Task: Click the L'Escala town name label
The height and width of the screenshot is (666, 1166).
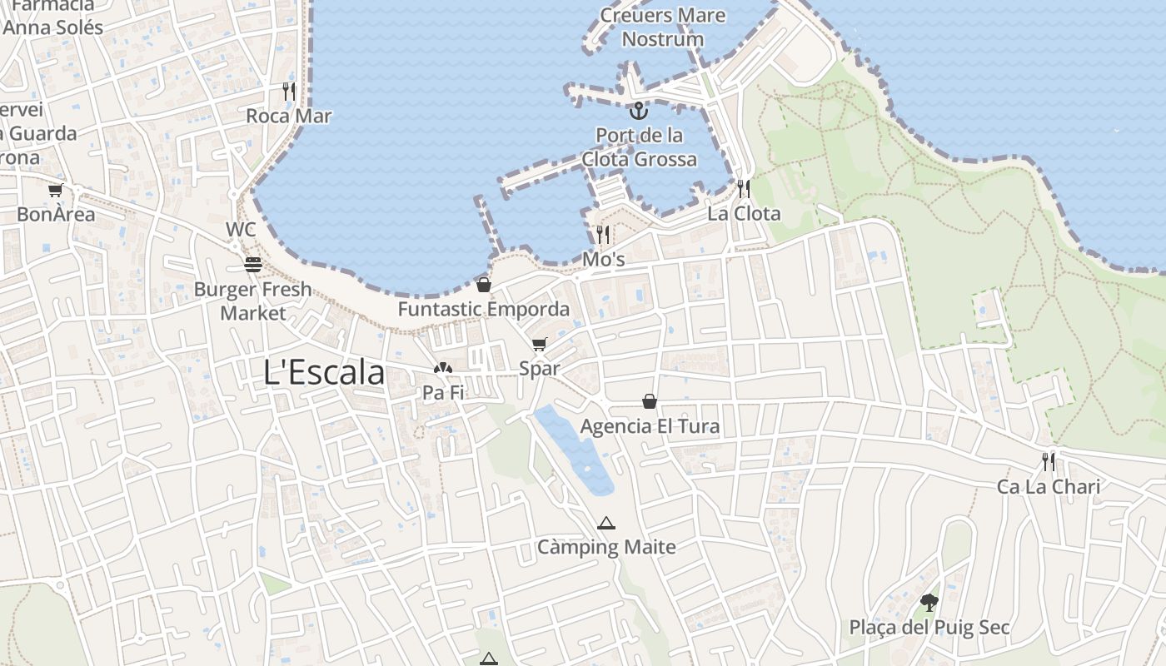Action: (x=324, y=372)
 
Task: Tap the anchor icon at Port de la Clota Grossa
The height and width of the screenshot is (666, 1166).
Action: (x=638, y=111)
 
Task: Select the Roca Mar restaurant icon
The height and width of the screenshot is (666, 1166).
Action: (x=289, y=92)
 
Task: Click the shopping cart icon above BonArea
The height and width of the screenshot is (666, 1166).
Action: (x=56, y=191)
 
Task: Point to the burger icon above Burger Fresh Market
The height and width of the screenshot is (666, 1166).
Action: (x=253, y=265)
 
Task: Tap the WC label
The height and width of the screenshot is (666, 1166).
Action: (x=241, y=229)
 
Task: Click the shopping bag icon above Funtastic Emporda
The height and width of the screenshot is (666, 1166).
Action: (x=484, y=285)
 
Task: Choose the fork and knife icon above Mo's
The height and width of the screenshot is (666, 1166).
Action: (x=603, y=234)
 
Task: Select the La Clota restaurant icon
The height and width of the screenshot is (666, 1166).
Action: (x=744, y=189)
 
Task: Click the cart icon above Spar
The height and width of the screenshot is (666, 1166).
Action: (x=540, y=345)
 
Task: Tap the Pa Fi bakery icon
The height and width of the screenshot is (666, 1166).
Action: (x=443, y=368)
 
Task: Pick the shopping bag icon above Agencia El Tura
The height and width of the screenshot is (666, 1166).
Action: (x=650, y=402)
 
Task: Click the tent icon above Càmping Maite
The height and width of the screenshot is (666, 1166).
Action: (x=606, y=524)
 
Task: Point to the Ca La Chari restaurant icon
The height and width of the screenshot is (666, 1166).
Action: (x=1049, y=462)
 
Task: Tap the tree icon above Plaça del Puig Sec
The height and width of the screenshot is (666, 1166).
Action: (x=929, y=603)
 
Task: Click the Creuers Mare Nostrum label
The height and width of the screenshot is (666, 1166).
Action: (x=663, y=27)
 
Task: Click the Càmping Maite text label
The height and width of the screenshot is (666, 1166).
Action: (x=606, y=547)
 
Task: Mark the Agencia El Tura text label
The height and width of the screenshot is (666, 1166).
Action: (x=650, y=426)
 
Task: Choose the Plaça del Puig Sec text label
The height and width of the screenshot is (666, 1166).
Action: (x=929, y=627)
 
